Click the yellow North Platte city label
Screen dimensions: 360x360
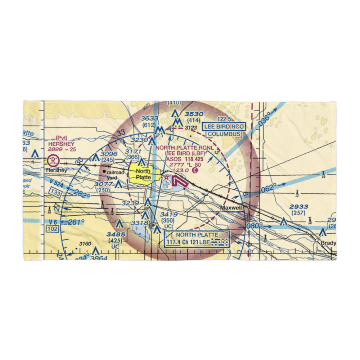[x=143, y=175]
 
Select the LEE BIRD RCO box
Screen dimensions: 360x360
[x=224, y=127]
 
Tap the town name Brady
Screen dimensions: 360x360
[x=328, y=243]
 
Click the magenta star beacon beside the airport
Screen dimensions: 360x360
[x=166, y=177]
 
